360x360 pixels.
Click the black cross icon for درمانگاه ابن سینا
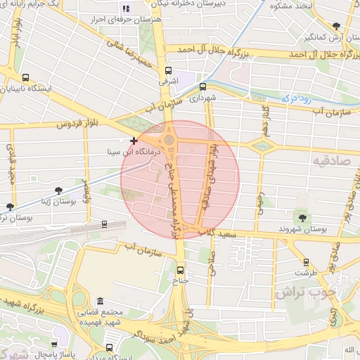coord(134,141)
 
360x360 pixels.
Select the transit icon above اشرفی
coord(168,70)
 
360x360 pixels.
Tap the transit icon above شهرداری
coord(203,87)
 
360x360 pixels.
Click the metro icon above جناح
coord(181,269)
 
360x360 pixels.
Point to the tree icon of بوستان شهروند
coord(303,217)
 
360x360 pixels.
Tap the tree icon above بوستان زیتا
coord(58,191)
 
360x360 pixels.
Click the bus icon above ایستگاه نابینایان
coord(26,78)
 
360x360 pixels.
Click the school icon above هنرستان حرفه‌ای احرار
coord(127,8)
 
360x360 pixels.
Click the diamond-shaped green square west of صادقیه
coord(263,146)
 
